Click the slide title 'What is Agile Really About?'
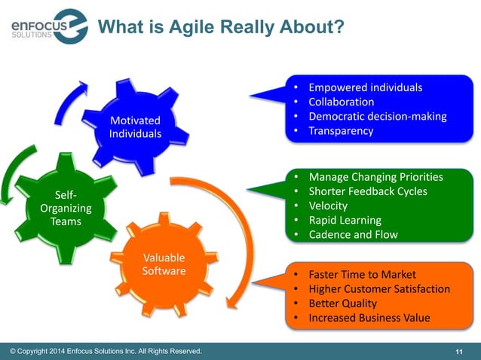point(222,28)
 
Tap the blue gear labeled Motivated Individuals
point(136,127)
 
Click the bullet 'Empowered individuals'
point(366,87)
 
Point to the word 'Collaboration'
point(342,102)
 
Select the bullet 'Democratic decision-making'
point(378,116)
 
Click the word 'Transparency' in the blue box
point(341,130)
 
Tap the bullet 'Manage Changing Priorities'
point(375,177)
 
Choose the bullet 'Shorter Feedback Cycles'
point(368,191)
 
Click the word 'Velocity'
point(328,206)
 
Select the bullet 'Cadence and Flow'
point(353,234)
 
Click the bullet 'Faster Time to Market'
point(362,274)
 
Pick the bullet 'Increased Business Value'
point(369,317)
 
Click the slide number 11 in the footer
point(459,352)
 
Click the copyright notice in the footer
point(106,351)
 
